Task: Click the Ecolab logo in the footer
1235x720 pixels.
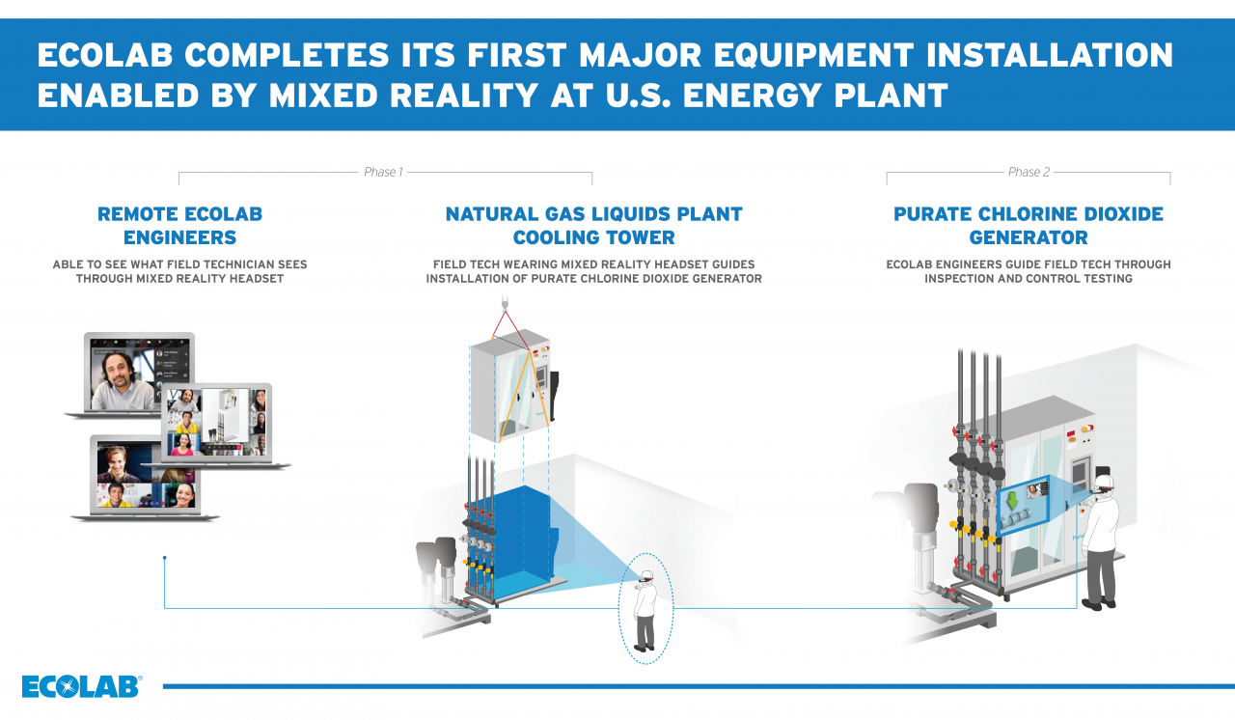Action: [81, 686]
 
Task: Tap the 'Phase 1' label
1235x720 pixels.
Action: [383, 172]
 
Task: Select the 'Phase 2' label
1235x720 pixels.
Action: [1029, 172]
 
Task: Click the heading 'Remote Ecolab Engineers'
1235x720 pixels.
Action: [179, 225]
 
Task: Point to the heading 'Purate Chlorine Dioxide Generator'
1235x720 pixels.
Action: [1029, 225]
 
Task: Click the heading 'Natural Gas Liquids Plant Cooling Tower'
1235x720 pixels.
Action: [593, 225]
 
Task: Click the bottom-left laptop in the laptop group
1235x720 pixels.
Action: [145, 478]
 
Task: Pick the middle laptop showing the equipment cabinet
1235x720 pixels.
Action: [219, 425]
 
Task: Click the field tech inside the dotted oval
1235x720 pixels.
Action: [645, 609]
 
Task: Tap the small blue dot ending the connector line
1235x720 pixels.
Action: [165, 558]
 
